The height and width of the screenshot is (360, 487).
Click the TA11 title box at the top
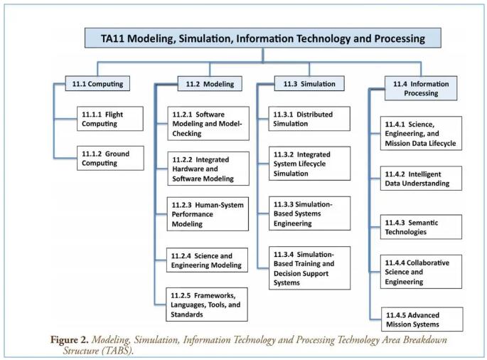[x=263, y=38]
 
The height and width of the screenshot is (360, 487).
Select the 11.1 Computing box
[x=97, y=84]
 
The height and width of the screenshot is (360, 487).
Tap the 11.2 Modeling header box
[x=210, y=84]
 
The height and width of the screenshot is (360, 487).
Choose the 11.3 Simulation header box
[x=309, y=84]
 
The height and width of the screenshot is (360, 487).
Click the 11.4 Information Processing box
[x=421, y=88]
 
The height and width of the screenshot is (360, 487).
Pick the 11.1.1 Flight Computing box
[x=110, y=119]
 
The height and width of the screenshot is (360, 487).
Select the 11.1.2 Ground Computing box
[x=111, y=158]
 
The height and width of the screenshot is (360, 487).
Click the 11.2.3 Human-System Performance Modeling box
[x=208, y=214]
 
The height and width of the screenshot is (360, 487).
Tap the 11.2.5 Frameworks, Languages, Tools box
[x=207, y=305]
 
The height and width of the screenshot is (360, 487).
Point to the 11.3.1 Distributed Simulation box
[x=309, y=119]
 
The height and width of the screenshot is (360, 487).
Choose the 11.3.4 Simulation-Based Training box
[x=310, y=268]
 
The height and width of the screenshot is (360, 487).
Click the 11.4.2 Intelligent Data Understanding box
[x=421, y=179]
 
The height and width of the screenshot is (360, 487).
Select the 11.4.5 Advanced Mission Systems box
[x=422, y=319]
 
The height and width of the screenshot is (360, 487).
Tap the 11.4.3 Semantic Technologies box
[x=421, y=227]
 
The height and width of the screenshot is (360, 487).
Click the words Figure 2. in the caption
[x=70, y=339]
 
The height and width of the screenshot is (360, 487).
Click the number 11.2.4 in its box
[x=181, y=256]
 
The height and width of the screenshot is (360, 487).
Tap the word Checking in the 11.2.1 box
[x=187, y=133]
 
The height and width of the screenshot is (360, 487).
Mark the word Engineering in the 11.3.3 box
[x=293, y=223]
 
